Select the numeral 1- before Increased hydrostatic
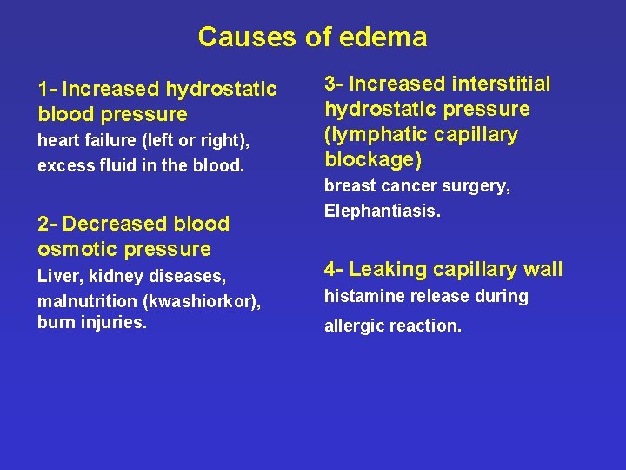47,89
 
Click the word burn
55,323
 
